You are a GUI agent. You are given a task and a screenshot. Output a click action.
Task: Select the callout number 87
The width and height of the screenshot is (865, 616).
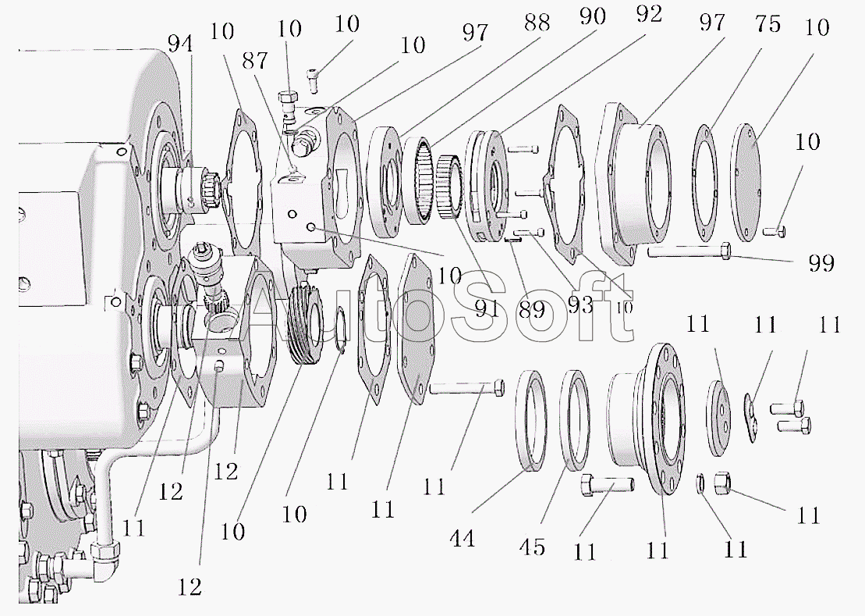pyautogui.click(x=254, y=60)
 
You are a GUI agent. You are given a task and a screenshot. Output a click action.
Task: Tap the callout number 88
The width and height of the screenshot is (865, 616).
pyautogui.click(x=537, y=23)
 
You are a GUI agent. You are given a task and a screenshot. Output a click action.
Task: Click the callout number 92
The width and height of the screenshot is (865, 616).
pyautogui.click(x=649, y=14)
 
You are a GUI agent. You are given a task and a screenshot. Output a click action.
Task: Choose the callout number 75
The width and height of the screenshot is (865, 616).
pyautogui.click(x=768, y=24)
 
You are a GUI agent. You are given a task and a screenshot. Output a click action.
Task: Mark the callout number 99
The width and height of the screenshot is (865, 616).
pyautogui.click(x=821, y=263)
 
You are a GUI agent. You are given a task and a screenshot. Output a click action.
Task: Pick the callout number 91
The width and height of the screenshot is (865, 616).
pyautogui.click(x=486, y=308)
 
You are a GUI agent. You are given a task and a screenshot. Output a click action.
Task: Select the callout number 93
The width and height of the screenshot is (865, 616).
pyautogui.click(x=580, y=304)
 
